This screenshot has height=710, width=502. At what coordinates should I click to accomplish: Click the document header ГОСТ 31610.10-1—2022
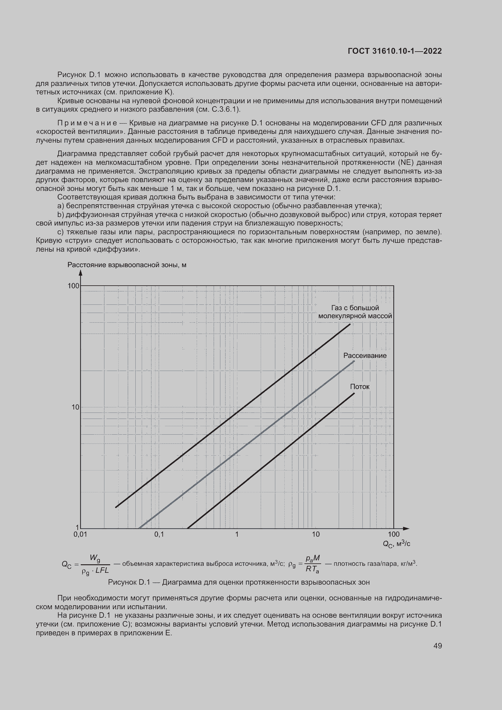[395, 51]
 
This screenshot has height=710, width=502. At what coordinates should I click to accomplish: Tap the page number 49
[437, 645]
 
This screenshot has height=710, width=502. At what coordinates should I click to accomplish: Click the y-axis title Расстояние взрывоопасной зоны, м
[127, 265]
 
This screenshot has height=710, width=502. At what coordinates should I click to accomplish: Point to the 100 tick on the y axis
[73, 286]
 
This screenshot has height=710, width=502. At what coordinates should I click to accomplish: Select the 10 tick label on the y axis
[76, 407]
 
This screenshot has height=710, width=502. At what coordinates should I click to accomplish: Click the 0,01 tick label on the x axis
[80, 534]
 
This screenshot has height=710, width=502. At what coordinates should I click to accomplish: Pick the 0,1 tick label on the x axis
[159, 534]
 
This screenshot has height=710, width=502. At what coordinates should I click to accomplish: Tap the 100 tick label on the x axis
[394, 534]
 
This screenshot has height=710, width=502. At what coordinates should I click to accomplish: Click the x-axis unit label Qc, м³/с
[396, 544]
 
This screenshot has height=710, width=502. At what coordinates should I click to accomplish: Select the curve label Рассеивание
[365, 356]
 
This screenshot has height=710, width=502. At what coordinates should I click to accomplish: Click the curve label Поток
[359, 386]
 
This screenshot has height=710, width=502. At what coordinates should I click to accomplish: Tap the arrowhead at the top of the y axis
[80, 272]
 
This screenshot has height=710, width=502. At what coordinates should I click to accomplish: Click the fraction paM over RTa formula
[313, 564]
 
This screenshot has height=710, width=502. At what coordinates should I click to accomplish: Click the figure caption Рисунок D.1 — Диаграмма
[239, 582]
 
